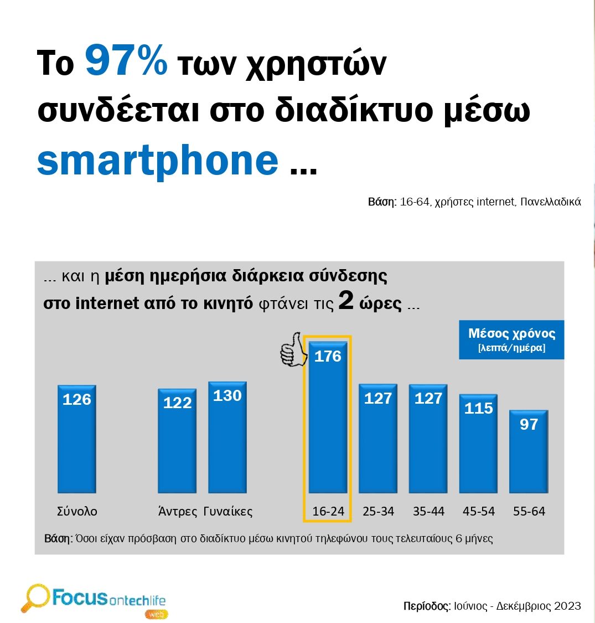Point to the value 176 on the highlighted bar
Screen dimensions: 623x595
(328, 356)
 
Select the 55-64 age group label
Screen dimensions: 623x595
(529, 511)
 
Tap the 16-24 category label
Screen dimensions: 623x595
(328, 511)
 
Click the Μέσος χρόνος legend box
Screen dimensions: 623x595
(511, 339)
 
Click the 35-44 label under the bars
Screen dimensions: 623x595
(428, 511)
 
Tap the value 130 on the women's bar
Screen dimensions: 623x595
(227, 395)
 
